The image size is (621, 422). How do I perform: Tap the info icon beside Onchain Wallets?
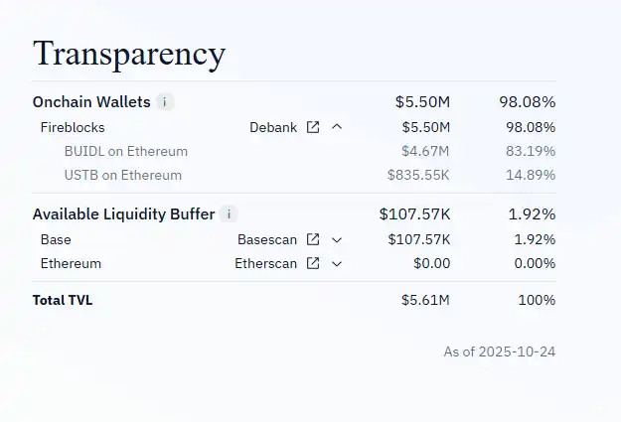(x=165, y=101)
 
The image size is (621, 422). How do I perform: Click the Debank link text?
(x=272, y=127)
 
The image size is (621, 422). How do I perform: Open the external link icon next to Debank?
(x=313, y=127)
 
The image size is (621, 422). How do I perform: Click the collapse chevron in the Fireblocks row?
(x=337, y=127)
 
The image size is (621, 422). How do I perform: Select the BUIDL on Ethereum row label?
(x=125, y=151)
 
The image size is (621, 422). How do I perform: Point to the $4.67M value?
(x=425, y=151)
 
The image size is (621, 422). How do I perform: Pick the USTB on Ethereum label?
(x=122, y=175)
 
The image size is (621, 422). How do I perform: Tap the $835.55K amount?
(x=418, y=175)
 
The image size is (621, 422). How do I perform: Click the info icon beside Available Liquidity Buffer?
(x=229, y=213)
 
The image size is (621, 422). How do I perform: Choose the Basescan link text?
(x=267, y=239)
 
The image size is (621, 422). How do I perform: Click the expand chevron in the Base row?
(x=337, y=239)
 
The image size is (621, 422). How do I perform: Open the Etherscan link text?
(x=265, y=263)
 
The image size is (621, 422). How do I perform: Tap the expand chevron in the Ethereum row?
(x=337, y=263)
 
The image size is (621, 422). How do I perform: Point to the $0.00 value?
(x=431, y=263)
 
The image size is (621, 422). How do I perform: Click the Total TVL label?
(x=63, y=300)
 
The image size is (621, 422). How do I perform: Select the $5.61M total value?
(x=425, y=300)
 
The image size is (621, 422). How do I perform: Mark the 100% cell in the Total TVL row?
(x=537, y=300)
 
